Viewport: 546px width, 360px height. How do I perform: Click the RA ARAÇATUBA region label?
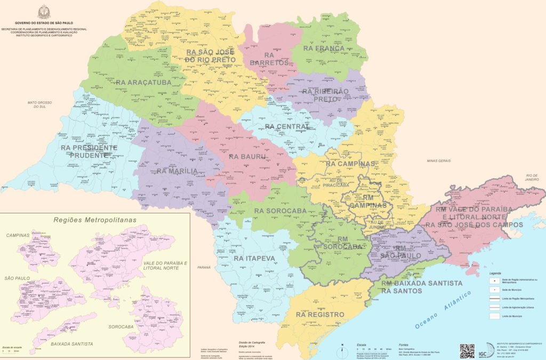click(x=143, y=83)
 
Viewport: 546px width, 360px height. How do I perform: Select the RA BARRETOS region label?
click(x=276, y=59)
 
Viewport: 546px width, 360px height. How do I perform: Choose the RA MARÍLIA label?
click(x=178, y=171)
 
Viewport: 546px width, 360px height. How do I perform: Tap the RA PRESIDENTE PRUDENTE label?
click(x=89, y=151)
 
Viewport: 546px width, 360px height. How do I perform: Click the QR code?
click(x=467, y=351)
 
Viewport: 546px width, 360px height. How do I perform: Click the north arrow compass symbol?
click(x=341, y=349)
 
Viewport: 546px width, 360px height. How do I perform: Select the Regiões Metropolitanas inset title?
click(x=95, y=220)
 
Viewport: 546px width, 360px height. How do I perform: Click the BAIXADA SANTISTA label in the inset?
click(x=72, y=344)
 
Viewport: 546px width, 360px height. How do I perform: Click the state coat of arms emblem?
click(x=44, y=12)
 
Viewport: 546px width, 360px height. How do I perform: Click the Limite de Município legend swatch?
click(x=495, y=316)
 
